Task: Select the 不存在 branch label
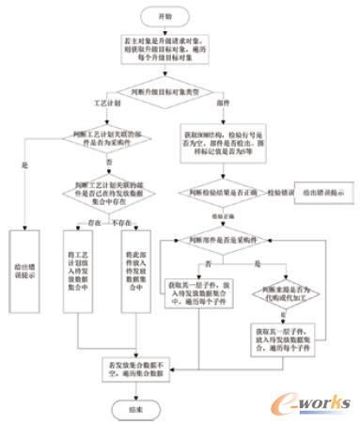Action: point(120,223)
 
